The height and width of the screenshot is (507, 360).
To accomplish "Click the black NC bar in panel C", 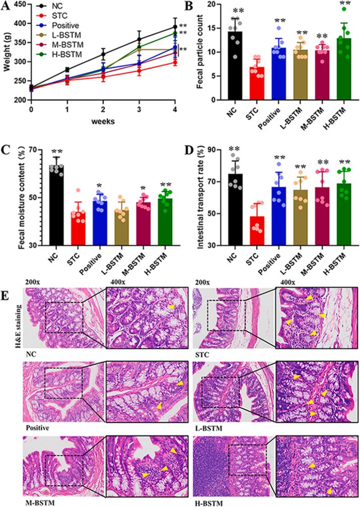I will (57, 205).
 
